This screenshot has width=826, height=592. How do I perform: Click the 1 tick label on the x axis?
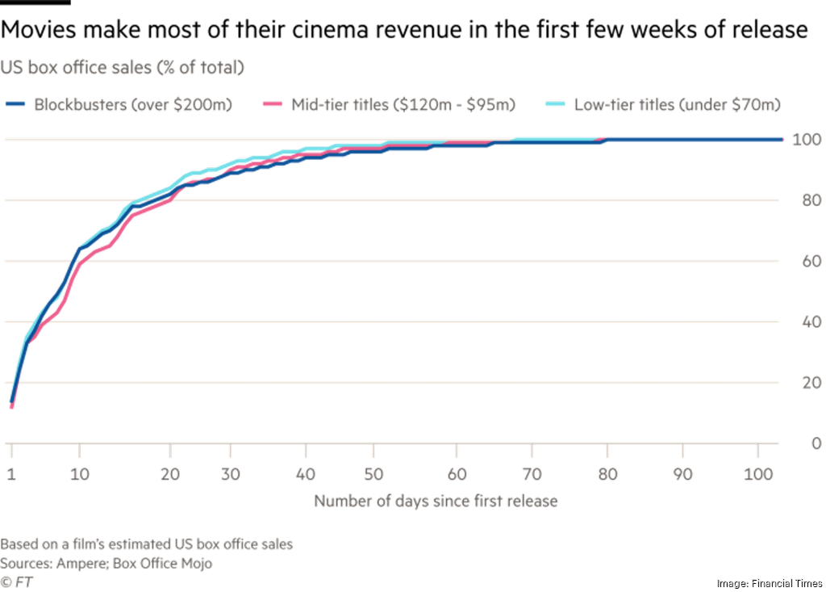(x=12, y=473)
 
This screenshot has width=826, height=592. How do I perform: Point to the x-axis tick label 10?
(x=79, y=473)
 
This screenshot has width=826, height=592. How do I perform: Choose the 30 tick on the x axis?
(x=230, y=473)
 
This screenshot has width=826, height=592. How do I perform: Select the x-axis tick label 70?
(x=532, y=473)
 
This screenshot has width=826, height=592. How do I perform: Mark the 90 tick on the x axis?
(x=683, y=473)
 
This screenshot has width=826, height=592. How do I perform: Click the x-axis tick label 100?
(x=759, y=473)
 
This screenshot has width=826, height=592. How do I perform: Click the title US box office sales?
(x=122, y=68)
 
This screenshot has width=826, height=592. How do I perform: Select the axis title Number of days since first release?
(x=436, y=502)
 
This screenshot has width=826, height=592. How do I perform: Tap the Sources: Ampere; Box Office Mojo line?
(x=106, y=564)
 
